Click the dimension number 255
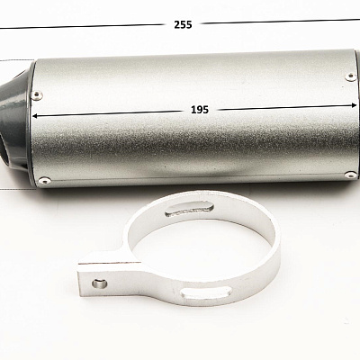pyautogui.click(x=183, y=24)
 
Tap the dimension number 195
pyautogui.click(x=200, y=110)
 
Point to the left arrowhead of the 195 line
pyautogui.click(x=35, y=116)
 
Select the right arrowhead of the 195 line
pyautogui.click(x=354, y=105)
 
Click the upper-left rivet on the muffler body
pyautogui.click(x=37, y=95)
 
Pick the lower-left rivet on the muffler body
pyautogui.click(x=45, y=180)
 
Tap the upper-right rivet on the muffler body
pyautogui.click(x=350, y=76)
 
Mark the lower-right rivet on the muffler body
pyautogui.click(x=351, y=175)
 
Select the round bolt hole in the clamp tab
pyautogui.click(x=99, y=283)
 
